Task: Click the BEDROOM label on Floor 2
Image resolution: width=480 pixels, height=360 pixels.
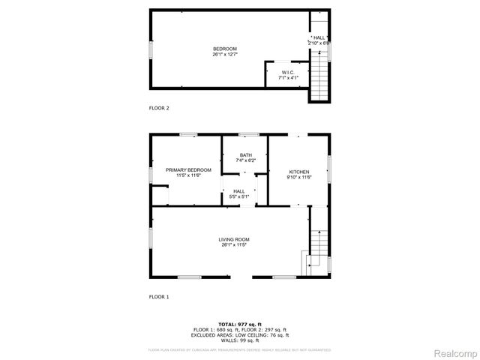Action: [225, 48]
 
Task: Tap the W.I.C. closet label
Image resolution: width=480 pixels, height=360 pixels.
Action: [289, 72]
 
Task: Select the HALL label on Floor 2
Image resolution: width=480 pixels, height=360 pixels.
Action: [320, 37]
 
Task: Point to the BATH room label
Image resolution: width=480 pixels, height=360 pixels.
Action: [246, 155]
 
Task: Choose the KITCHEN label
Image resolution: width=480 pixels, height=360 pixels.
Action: [299, 172]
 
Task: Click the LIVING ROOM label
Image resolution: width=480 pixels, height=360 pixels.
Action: [235, 239]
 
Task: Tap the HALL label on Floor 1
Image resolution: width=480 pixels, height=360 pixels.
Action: [239, 191]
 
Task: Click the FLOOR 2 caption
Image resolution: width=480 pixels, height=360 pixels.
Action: [159, 108]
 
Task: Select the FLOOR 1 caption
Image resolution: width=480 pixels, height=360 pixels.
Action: [159, 297]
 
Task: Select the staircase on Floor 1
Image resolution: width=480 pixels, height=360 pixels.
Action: [319, 247]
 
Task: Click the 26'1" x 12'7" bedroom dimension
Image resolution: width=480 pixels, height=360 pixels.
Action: [225, 53]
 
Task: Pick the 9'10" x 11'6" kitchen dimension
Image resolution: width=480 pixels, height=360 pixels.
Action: [299, 177]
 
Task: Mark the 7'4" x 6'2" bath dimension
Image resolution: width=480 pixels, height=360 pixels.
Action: [246, 160]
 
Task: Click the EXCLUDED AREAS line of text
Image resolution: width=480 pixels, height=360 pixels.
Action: [240, 334]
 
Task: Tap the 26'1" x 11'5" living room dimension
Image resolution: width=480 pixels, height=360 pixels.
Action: [235, 244]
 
